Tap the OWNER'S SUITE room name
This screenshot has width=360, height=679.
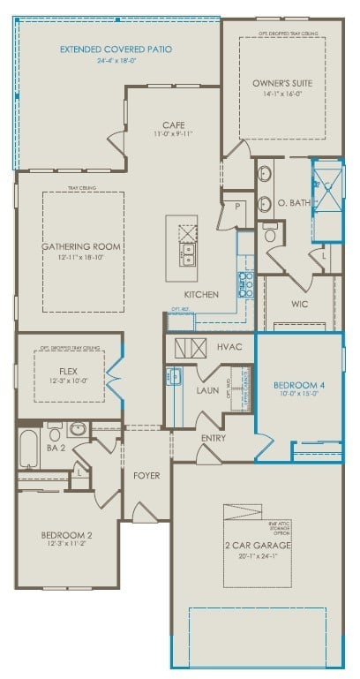[x=282, y=83]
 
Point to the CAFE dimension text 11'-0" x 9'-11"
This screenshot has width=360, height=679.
[x=172, y=134]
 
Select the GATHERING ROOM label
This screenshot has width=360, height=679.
[x=81, y=246]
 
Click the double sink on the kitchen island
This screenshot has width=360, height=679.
[x=188, y=256]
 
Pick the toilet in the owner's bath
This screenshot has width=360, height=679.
[x=271, y=235]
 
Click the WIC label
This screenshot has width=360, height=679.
[x=299, y=304]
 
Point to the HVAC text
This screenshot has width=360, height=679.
[x=230, y=348]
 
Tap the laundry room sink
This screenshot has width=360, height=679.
[x=174, y=377]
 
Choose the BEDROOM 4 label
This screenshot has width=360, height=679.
[x=294, y=384]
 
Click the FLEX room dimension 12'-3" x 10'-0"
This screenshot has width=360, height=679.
[x=68, y=381]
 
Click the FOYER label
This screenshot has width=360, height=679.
[x=146, y=476]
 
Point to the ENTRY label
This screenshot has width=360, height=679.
[x=214, y=438]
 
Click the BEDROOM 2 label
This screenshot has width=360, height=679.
[x=66, y=535]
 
